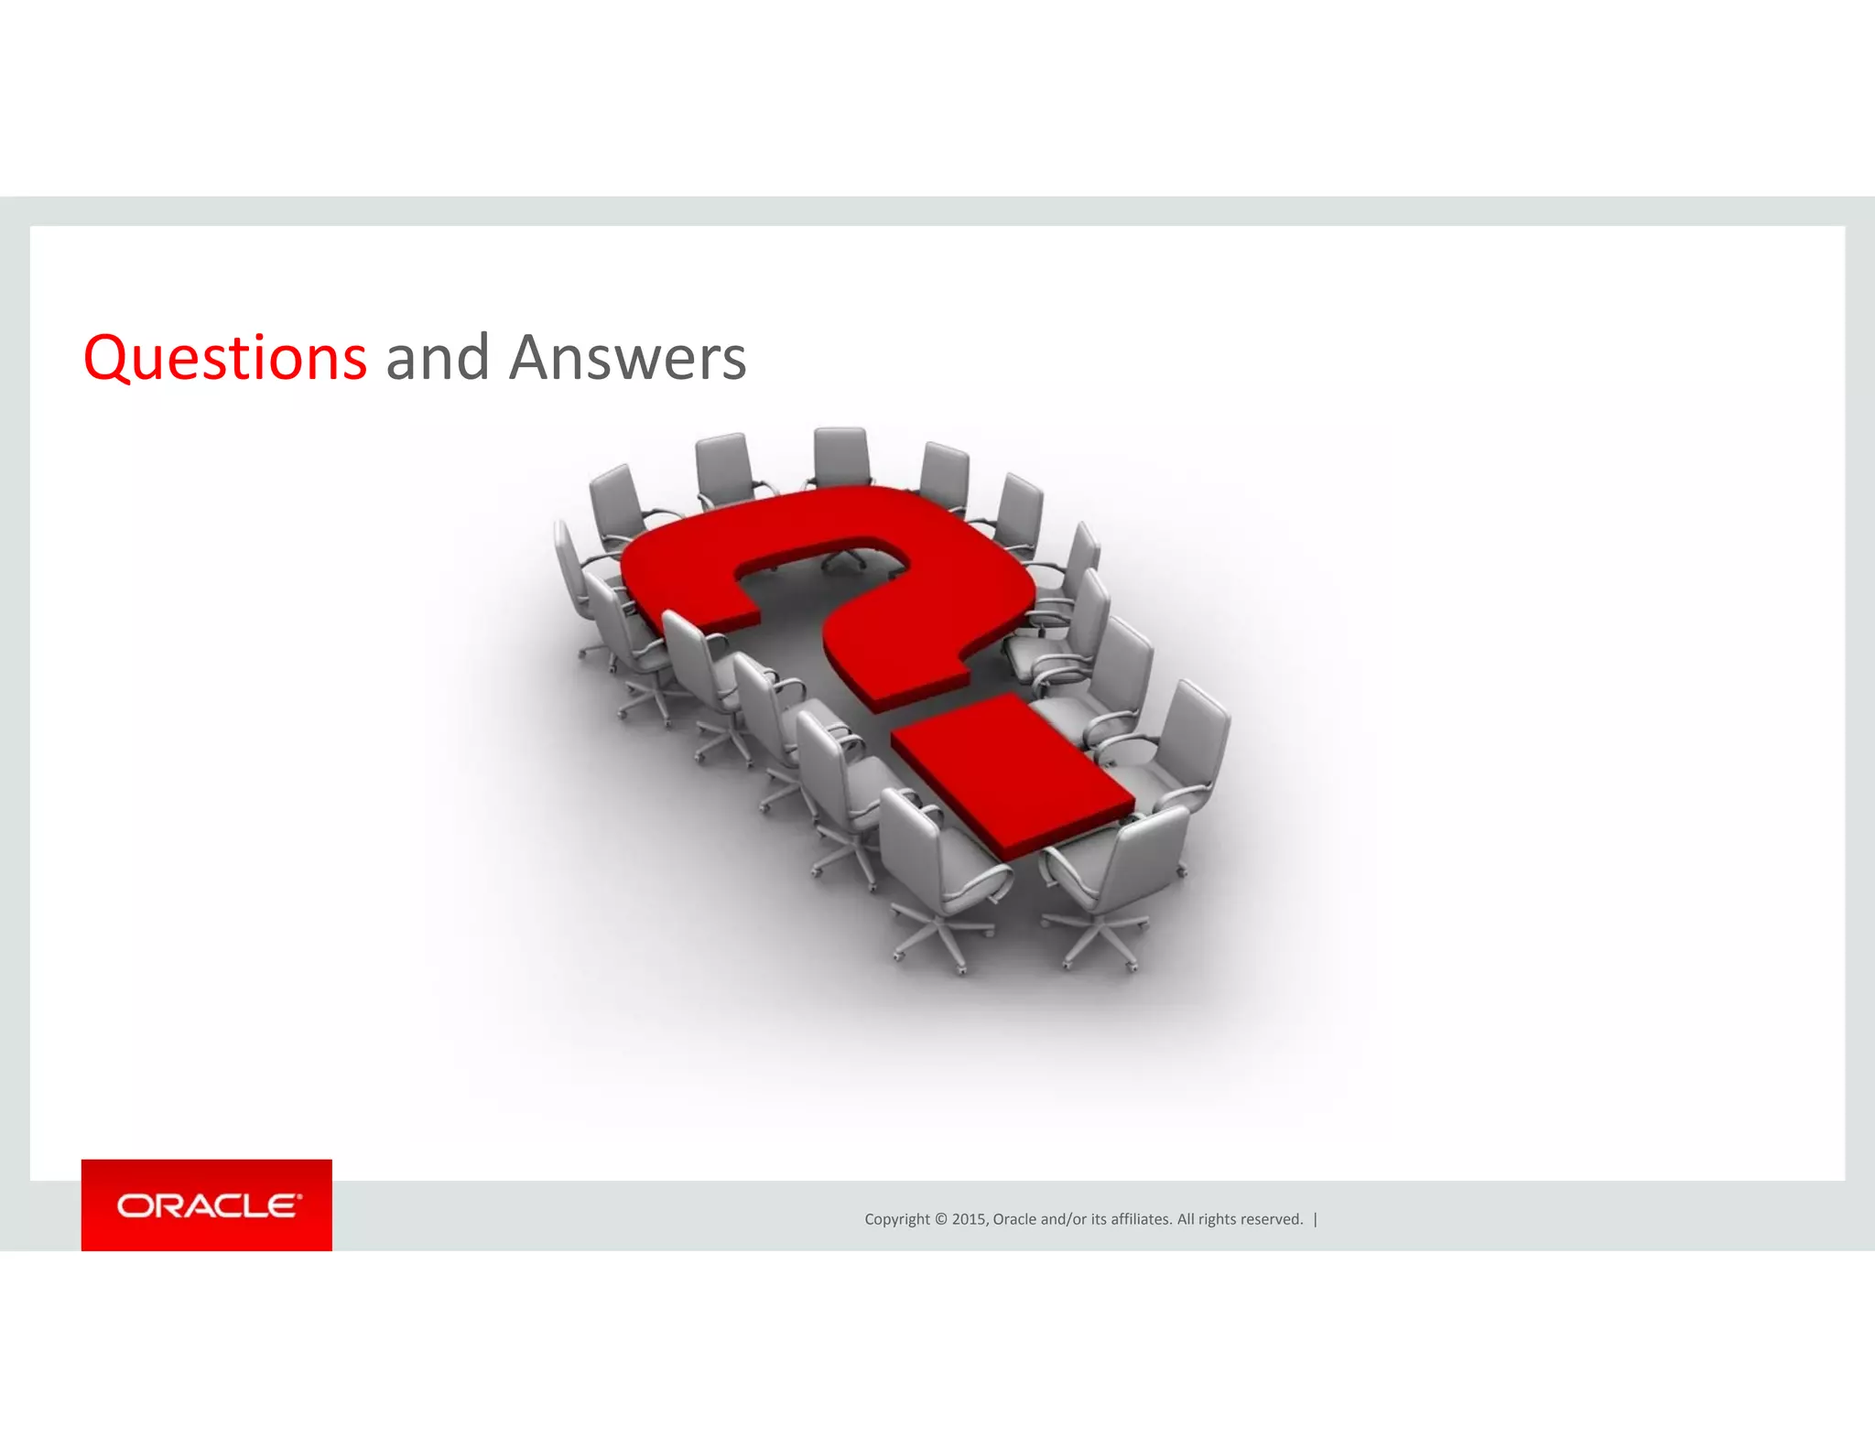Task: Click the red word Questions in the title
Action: [x=225, y=358]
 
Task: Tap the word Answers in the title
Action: [x=627, y=358]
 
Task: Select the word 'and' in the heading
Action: [x=437, y=358]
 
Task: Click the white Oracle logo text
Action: [x=207, y=1205]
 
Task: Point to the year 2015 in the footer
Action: [x=969, y=1219]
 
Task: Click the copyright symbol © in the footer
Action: [x=940, y=1219]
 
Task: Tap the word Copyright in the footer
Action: [x=896, y=1219]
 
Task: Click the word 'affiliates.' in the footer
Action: [x=1141, y=1219]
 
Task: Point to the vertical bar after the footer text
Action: [x=1316, y=1219]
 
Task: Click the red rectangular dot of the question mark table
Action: [x=1012, y=773]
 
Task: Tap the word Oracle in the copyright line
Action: [x=1014, y=1219]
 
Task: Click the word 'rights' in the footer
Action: [x=1218, y=1219]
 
